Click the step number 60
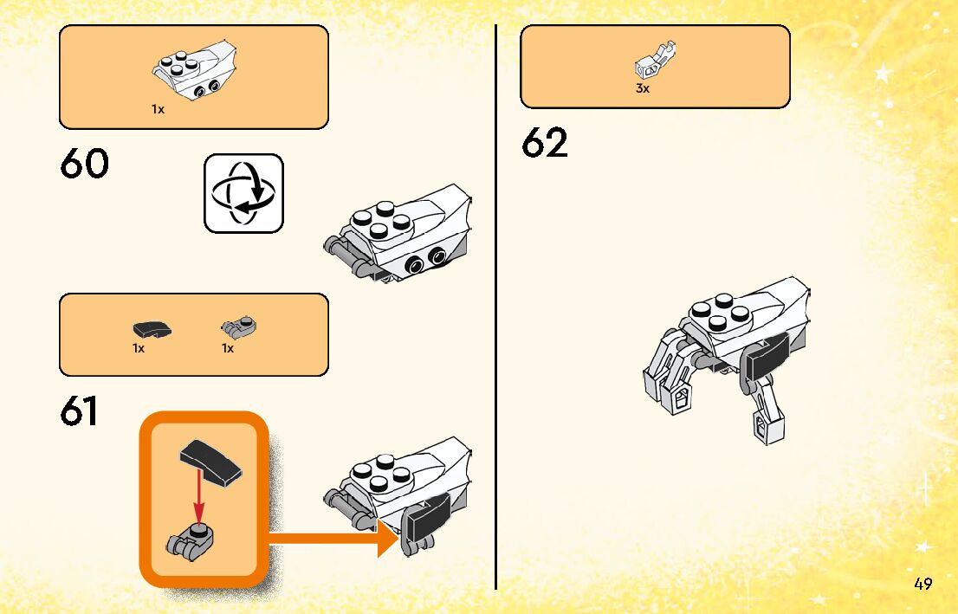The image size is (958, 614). pyautogui.click(x=85, y=164)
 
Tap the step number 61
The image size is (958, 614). pyautogui.click(x=79, y=412)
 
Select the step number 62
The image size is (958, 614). pyautogui.click(x=545, y=144)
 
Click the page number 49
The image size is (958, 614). pyautogui.click(x=922, y=584)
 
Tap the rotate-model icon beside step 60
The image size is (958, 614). pyautogui.click(x=243, y=193)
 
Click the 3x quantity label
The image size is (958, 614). pyautogui.click(x=643, y=88)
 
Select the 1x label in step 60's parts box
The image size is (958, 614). pyautogui.click(x=158, y=110)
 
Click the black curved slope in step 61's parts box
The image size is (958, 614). pyautogui.click(x=152, y=329)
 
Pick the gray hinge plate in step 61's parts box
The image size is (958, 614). pyautogui.click(x=240, y=327)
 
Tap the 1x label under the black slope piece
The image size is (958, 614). pyautogui.click(x=139, y=348)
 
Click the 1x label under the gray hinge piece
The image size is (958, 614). pyautogui.click(x=228, y=348)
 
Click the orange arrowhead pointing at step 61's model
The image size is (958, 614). pyautogui.click(x=385, y=538)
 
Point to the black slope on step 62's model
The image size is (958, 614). pyautogui.click(x=765, y=358)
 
